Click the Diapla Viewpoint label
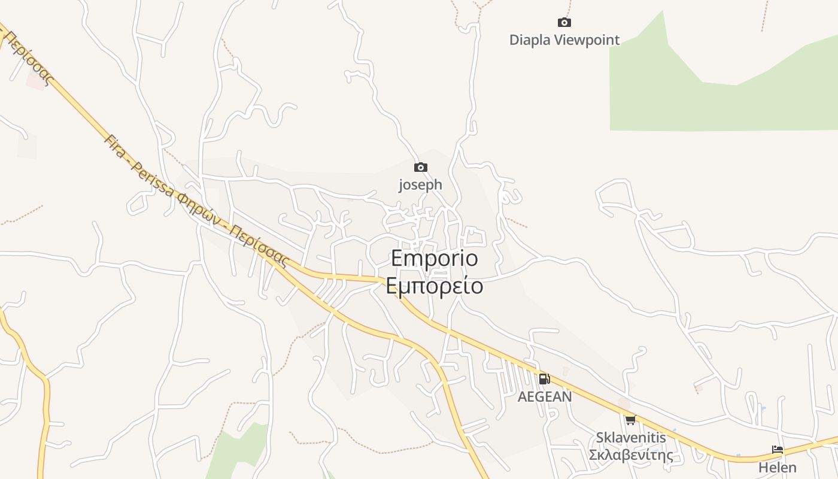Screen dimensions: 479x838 [564, 40]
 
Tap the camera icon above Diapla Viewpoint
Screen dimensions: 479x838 [564, 23]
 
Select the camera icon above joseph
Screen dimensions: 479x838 [421, 168]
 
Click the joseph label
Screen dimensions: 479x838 [421, 184]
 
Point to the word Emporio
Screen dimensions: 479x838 [435, 258]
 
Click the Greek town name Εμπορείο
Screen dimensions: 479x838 [435, 286]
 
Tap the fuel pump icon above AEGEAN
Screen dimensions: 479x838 [544, 378]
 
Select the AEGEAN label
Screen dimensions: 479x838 [545, 396]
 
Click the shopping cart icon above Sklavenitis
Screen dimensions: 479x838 [630, 420]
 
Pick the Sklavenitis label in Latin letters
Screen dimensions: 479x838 [631, 438]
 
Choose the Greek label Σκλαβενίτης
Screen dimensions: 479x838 [631, 455]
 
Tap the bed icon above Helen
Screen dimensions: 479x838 [778, 450]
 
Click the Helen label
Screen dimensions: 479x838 [778, 467]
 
